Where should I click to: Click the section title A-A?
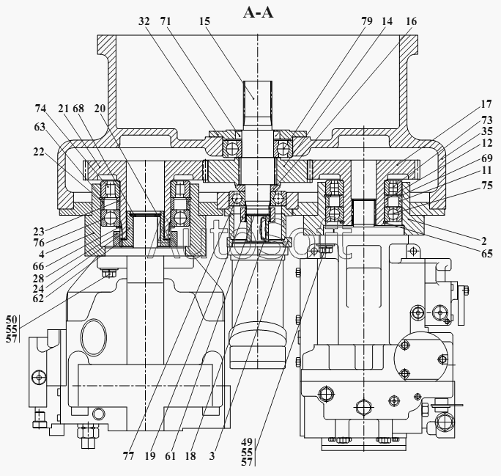tap(258, 12)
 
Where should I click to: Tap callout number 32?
tap(144, 21)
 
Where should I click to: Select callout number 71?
tap(166, 21)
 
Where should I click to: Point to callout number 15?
tap(204, 21)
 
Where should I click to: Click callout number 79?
tap(367, 21)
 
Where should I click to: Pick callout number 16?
tap(411, 21)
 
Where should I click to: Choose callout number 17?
tap(486, 104)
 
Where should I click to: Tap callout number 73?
tap(487, 120)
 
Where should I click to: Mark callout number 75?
tap(487, 186)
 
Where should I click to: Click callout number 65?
tap(487, 253)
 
